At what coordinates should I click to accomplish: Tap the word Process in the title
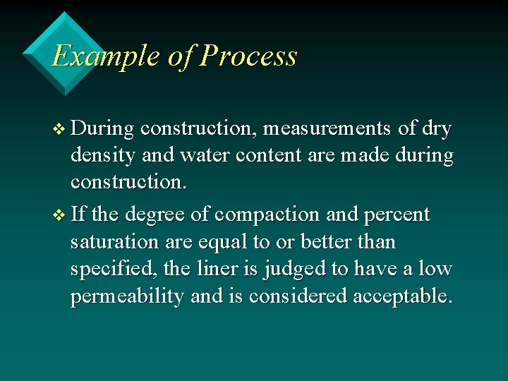(x=248, y=56)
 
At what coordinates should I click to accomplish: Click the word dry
(x=435, y=128)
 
